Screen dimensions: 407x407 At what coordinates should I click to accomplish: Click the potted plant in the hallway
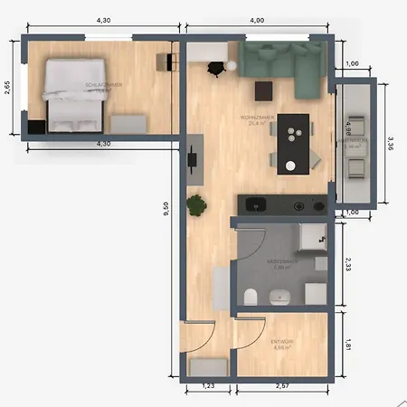(x=195, y=206)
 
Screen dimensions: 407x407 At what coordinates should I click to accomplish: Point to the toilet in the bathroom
(x=251, y=295)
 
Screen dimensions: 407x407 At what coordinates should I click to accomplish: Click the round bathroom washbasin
(x=279, y=295)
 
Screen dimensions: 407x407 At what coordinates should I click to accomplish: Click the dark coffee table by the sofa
(x=263, y=90)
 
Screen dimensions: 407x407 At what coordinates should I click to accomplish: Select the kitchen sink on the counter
(x=252, y=204)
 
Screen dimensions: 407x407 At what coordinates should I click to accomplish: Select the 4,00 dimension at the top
(x=257, y=20)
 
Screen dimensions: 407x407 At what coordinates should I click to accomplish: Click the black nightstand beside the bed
(x=36, y=127)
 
